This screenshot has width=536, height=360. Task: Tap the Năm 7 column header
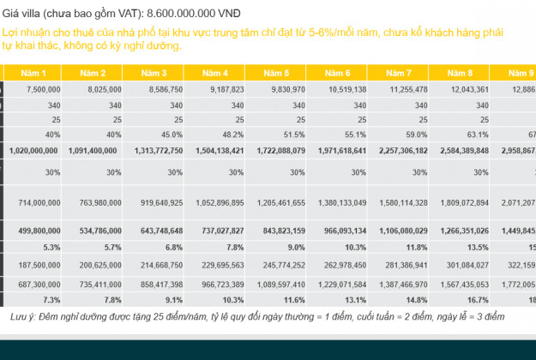coord(404,73)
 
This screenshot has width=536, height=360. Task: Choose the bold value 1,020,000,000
coord(34,150)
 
